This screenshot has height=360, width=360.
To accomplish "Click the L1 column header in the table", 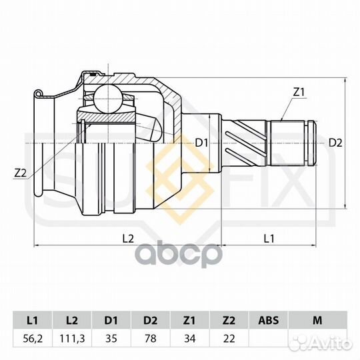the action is (33, 320).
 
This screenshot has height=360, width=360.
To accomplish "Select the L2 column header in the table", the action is (72, 320).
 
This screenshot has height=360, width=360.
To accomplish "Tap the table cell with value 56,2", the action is (33, 339).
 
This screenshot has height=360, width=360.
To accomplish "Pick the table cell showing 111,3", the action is (72, 339).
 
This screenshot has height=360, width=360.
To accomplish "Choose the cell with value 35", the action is (111, 339).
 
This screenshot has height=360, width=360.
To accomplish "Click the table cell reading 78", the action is (151, 339).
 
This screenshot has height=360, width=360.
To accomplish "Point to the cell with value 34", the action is (189, 339).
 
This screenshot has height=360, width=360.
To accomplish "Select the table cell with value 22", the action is (229, 339).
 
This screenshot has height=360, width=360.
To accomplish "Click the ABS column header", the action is (269, 320).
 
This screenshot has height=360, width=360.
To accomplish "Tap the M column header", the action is (318, 320).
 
